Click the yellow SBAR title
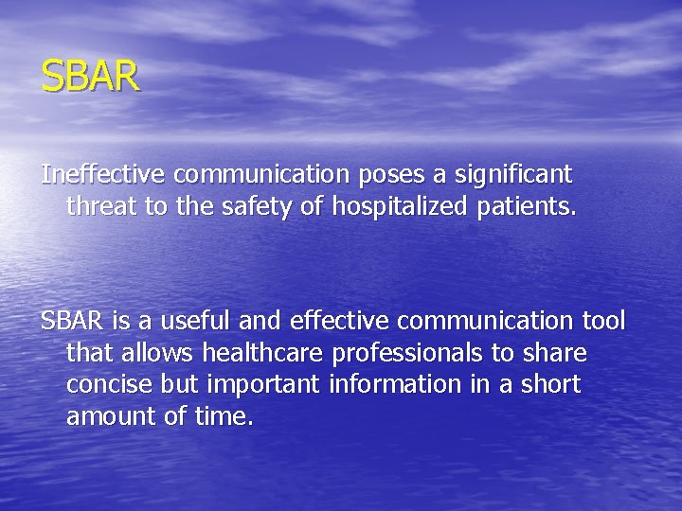point(90,76)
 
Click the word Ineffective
point(104,175)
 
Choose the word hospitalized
point(404,205)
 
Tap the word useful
point(178,322)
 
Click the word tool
point(604,322)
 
